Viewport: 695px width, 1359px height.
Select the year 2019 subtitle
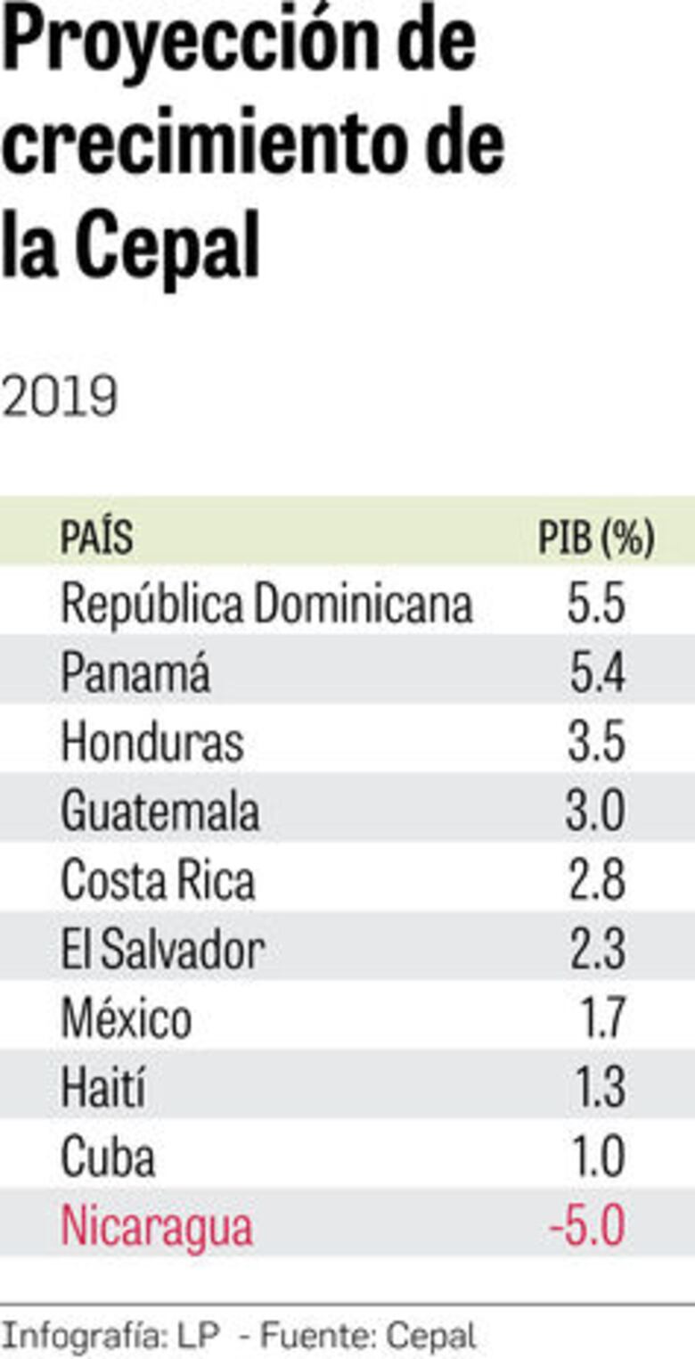click(59, 397)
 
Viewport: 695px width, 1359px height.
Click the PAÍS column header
click(96, 538)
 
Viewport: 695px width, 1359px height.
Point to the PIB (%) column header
click(596, 538)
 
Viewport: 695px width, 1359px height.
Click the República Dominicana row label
click(266, 605)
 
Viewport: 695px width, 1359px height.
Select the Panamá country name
click(135, 673)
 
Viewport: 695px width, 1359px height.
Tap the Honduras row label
click(152, 743)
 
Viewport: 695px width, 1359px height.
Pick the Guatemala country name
click(160, 811)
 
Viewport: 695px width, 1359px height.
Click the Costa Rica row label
click(158, 881)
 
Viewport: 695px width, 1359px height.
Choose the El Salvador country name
click(162, 950)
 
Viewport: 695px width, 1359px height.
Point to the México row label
click(126, 1019)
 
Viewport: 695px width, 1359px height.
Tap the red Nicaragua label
click(157, 1227)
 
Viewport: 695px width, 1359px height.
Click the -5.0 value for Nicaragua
click(587, 1227)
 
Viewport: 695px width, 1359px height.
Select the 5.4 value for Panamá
click(597, 673)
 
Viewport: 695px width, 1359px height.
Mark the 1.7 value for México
click(603, 1019)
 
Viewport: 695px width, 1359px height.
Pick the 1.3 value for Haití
click(603, 1088)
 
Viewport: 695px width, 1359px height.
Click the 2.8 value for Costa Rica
click(597, 881)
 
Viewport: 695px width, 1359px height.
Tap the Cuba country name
click(108, 1157)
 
